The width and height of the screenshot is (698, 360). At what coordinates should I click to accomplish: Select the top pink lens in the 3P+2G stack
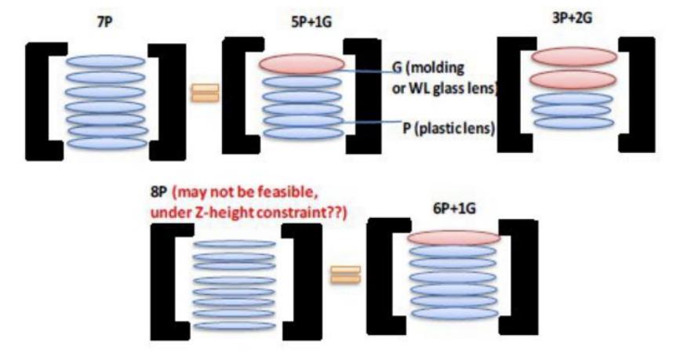pos(572,56)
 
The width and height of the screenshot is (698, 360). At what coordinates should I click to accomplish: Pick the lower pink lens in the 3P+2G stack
pos(572,79)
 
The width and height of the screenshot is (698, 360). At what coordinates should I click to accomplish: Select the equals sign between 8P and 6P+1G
pos(346,275)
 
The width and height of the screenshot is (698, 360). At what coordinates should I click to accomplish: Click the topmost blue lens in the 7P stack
pos(106,61)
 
